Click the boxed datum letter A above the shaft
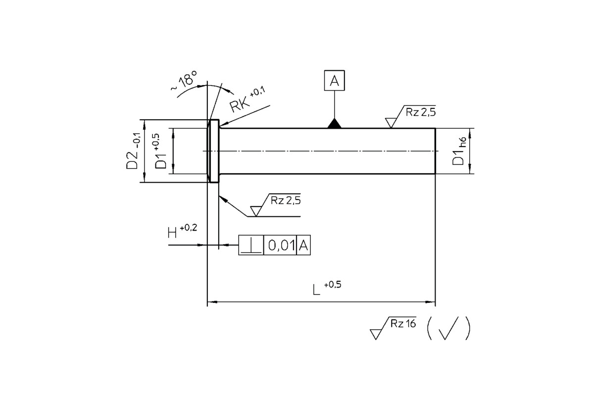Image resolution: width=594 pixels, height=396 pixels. (x=335, y=80)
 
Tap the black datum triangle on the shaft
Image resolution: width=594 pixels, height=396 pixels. (x=335, y=124)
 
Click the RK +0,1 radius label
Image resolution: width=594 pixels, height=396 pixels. (x=247, y=100)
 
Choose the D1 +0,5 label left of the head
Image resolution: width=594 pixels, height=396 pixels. (x=161, y=151)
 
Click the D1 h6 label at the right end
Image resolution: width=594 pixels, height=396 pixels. (x=459, y=151)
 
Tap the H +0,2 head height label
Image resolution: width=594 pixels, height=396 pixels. (x=183, y=231)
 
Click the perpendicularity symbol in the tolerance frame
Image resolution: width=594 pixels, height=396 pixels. (x=251, y=246)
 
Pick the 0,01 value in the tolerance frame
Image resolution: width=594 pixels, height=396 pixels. (x=281, y=246)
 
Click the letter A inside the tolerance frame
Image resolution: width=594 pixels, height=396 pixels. (x=303, y=246)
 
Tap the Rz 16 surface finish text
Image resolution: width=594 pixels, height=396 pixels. (x=403, y=324)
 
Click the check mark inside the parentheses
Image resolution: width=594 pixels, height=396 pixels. (x=448, y=329)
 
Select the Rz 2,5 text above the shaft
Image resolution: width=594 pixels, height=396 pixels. (x=421, y=112)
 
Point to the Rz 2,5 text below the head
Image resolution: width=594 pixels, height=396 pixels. (x=286, y=200)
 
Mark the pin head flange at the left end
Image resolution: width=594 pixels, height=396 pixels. (x=214, y=151)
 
